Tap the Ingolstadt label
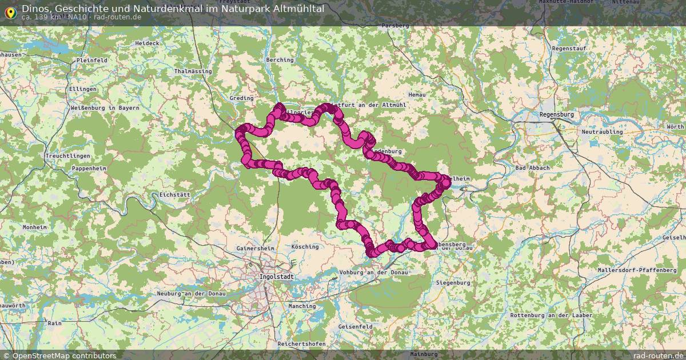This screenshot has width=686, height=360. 276,277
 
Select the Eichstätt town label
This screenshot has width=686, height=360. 174,195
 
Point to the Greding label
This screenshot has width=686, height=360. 241,98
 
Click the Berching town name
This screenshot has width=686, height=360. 280,60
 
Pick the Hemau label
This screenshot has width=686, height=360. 418,95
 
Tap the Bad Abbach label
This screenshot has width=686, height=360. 532,168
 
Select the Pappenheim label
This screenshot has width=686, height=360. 89,169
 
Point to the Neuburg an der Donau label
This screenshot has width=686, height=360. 191,294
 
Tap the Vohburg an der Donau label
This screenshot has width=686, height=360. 374,273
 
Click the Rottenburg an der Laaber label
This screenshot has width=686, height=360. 547,315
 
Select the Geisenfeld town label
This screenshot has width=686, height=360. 356,327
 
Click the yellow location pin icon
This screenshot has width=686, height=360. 10,12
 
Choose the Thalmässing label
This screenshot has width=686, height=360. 193,71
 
